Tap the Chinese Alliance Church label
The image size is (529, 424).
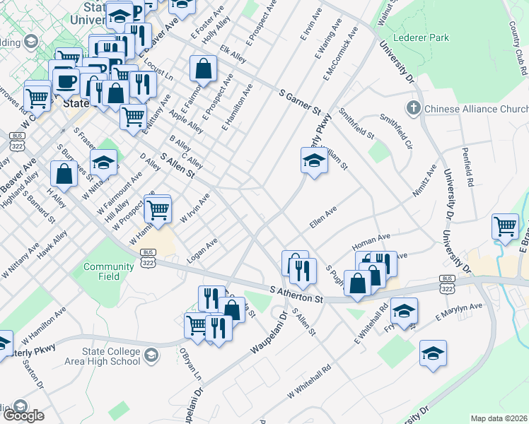pos(475,109)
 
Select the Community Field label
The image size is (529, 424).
pos(108,271)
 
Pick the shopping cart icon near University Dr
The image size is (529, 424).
pos(506,226)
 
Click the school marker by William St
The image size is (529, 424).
pos(314,160)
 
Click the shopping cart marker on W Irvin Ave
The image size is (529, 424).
pos(158,208)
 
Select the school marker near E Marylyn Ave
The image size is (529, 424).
pos(404,310)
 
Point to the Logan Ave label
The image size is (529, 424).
pos(202,252)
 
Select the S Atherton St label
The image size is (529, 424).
pos(296,295)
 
